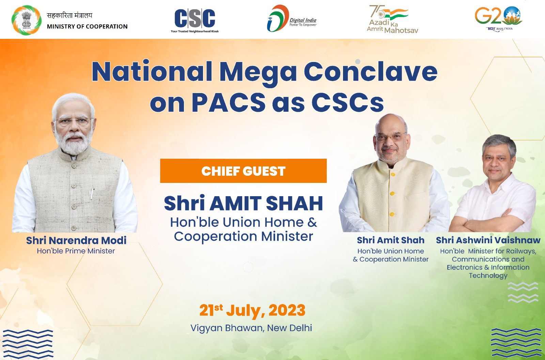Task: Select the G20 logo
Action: (498, 18)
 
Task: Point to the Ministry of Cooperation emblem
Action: (27, 20)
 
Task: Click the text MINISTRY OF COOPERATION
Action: (87, 27)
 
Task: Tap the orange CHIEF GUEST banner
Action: (243, 171)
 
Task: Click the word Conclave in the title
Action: (370, 72)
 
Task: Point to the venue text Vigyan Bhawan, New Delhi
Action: (251, 328)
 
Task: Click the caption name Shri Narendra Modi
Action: (76, 240)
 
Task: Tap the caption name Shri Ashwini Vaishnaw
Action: (488, 240)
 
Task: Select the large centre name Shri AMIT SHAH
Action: (243, 203)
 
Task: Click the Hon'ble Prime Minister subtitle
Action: (76, 251)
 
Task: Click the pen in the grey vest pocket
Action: (92, 194)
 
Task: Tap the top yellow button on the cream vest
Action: (392, 174)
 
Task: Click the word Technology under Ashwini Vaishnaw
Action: (488, 276)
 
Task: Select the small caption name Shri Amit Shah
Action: (390, 240)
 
